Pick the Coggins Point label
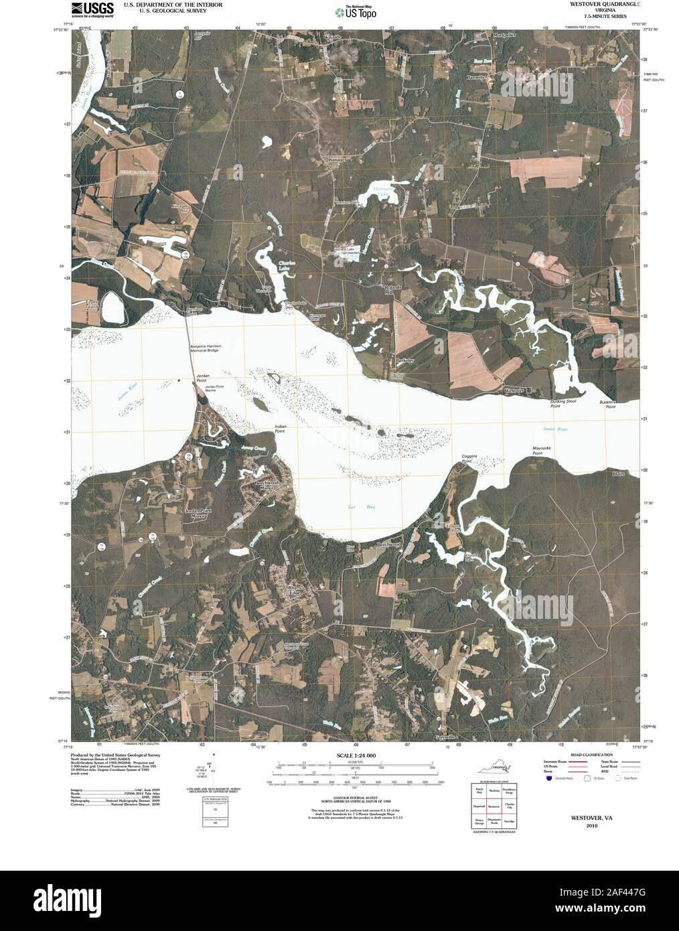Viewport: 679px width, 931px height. coord(468,459)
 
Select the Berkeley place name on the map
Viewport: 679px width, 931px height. coord(406,360)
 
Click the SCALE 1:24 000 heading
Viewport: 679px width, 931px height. coord(354,756)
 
